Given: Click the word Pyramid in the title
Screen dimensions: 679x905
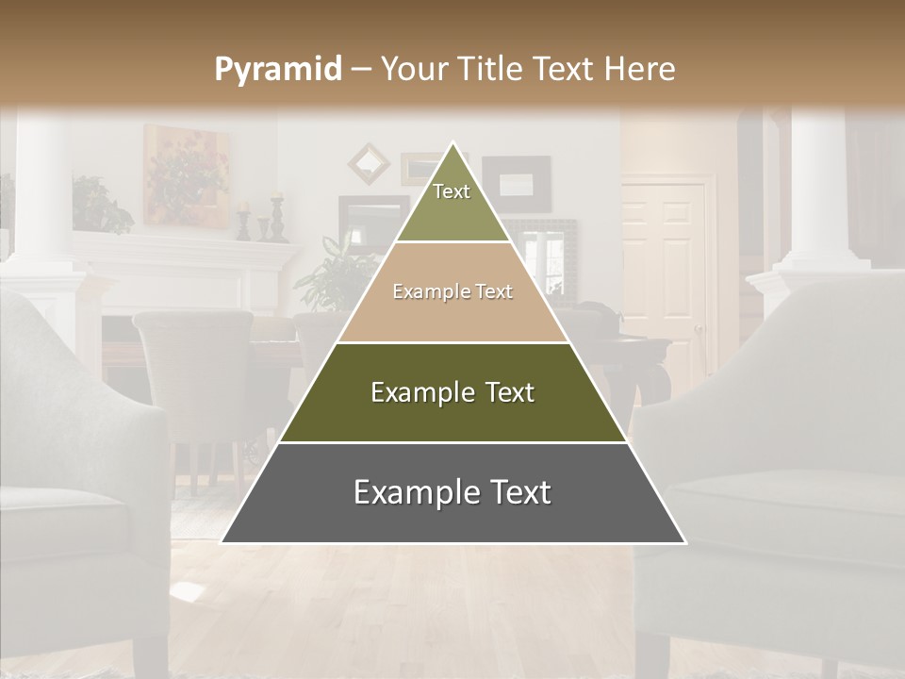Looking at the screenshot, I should click(277, 69).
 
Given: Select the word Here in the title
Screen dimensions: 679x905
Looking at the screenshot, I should click(638, 69).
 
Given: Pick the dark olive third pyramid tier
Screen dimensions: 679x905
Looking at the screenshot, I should click(452, 392).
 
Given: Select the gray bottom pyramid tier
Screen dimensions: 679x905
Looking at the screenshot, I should click(452, 493).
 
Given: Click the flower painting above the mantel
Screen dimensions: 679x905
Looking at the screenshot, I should click(186, 174).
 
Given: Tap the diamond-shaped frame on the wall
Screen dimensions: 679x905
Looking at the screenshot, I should click(369, 163).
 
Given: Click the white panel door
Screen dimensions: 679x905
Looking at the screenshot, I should click(664, 273).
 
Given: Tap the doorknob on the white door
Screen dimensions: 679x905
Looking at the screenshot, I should click(699, 330).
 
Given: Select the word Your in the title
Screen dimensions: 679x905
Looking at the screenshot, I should click(414, 69).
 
